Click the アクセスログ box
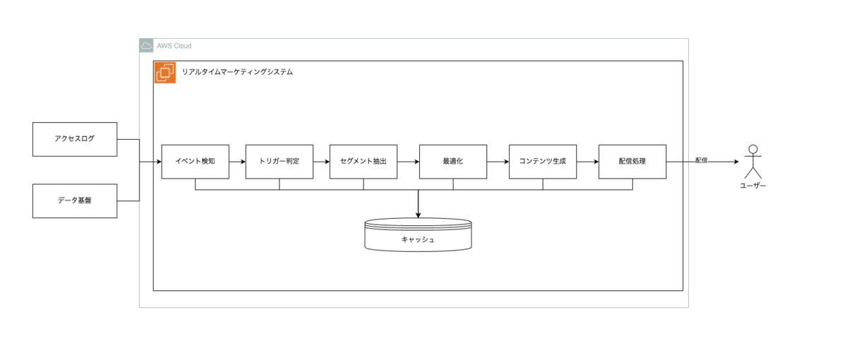[x=75, y=139]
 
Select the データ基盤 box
[x=75, y=200]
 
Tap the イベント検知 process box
[x=195, y=162]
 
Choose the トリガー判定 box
[x=279, y=162]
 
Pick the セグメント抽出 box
[x=363, y=162]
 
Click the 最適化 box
[x=452, y=162]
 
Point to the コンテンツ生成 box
[x=542, y=162]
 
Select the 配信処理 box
[x=632, y=162]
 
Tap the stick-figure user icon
[x=752, y=162]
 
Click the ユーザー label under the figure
[x=752, y=186]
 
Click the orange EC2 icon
[x=165, y=73]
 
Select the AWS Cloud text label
[x=174, y=46]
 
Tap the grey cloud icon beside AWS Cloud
[x=147, y=46]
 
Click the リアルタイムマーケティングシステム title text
[x=237, y=72]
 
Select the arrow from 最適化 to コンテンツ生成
[x=497, y=162]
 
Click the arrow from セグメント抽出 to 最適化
[x=407, y=162]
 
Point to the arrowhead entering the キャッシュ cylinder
[x=418, y=215]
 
